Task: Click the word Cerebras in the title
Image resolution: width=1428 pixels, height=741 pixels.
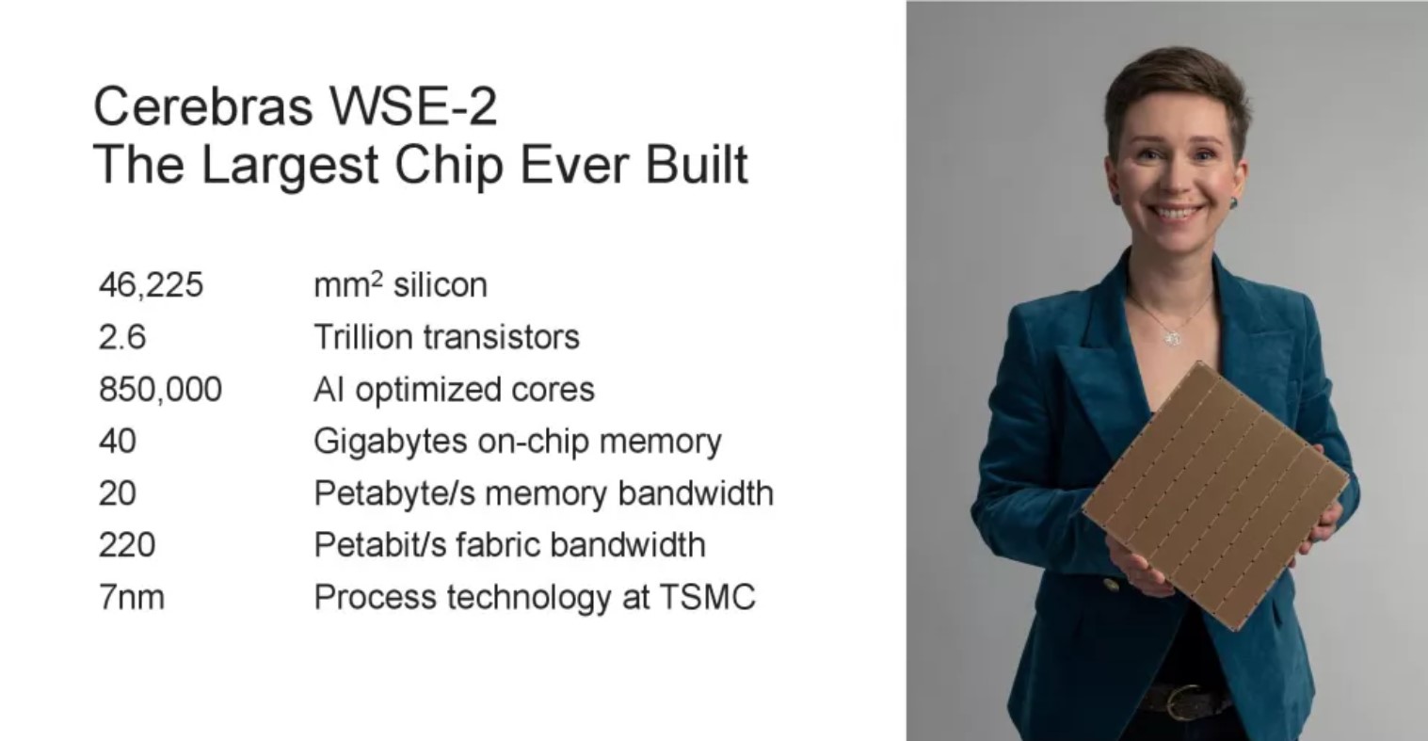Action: pyautogui.click(x=202, y=105)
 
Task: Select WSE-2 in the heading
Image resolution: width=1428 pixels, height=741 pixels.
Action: pyautogui.click(x=412, y=105)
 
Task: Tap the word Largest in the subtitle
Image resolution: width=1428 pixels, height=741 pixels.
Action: pyautogui.click(x=290, y=165)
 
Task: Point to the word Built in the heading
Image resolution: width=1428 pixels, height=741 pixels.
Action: pyautogui.click(x=697, y=164)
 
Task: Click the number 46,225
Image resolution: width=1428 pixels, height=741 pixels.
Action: pyautogui.click(x=152, y=284)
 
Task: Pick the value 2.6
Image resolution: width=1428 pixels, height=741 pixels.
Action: pyautogui.click(x=122, y=337)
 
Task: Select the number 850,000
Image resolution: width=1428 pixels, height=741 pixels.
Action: pyautogui.click(x=161, y=389)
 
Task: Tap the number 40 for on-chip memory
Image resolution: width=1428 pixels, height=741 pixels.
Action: pyautogui.click(x=118, y=441)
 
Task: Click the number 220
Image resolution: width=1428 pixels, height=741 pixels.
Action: pyautogui.click(x=127, y=544)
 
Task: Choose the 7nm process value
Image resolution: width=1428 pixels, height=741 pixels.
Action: pyautogui.click(x=132, y=598)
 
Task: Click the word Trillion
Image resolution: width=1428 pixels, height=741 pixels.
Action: pyautogui.click(x=363, y=337)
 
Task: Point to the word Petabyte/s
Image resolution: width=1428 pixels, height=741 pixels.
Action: pyautogui.click(x=394, y=493)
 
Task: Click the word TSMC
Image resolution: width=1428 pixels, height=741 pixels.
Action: pyautogui.click(x=707, y=598)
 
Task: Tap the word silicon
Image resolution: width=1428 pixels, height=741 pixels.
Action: pyautogui.click(x=441, y=284)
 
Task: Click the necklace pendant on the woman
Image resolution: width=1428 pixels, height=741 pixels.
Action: pyautogui.click(x=1172, y=338)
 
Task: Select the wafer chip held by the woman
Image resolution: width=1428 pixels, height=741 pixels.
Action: pyautogui.click(x=1215, y=495)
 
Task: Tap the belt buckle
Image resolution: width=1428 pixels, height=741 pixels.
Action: pyautogui.click(x=1183, y=701)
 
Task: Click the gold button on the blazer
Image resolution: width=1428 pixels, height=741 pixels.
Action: pyautogui.click(x=1112, y=585)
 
